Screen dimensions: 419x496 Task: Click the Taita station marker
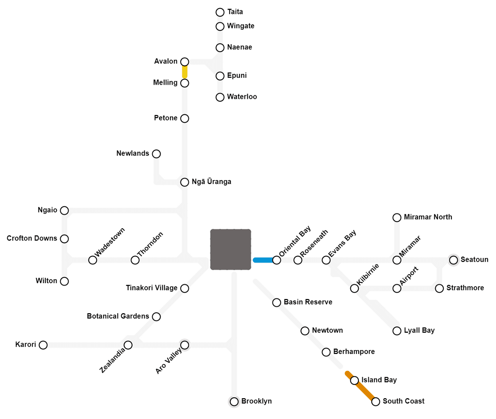[x=220, y=12]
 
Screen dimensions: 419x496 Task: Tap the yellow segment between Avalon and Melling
[x=185, y=72]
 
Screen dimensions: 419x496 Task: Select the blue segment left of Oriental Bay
[x=264, y=260]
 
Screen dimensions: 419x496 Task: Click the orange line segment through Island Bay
[x=361, y=387]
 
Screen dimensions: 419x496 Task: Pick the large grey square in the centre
[x=231, y=249]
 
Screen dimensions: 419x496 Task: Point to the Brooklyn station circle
[x=234, y=402]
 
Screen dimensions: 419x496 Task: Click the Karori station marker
[x=43, y=345]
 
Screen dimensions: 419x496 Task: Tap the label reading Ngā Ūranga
[x=211, y=182]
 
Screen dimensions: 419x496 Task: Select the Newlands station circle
[x=156, y=154]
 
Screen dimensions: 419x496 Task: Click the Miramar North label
[x=428, y=217]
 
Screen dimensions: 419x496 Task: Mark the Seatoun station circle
[x=454, y=260]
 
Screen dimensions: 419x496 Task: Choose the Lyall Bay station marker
[x=397, y=331]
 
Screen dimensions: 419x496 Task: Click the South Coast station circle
[x=376, y=402]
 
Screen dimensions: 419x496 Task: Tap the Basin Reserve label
[x=308, y=302]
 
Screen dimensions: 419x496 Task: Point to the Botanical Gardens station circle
[x=156, y=317]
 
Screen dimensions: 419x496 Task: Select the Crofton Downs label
[x=32, y=238]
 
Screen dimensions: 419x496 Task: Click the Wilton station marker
[x=65, y=281]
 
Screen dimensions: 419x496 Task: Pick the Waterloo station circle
[x=220, y=97]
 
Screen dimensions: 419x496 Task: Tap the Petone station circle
[x=185, y=119]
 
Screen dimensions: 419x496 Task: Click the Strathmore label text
[x=465, y=288]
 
